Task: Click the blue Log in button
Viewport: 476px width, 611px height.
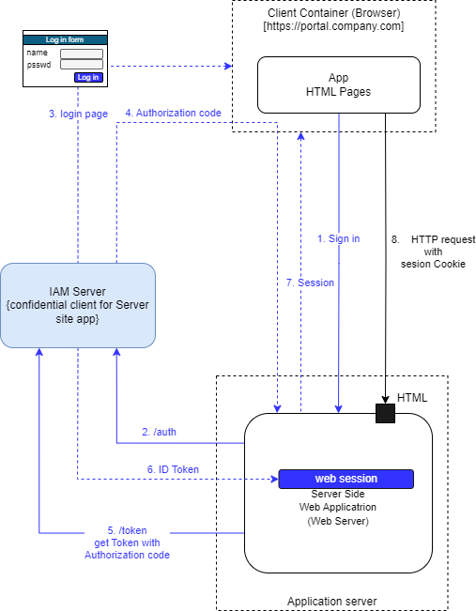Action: tap(87, 77)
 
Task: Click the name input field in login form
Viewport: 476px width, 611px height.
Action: tap(81, 53)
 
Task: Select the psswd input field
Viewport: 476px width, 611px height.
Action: tap(81, 65)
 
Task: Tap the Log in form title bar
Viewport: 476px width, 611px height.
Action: tap(64, 39)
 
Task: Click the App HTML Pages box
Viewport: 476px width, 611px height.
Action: tap(339, 84)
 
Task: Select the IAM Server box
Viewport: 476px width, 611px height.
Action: tap(78, 305)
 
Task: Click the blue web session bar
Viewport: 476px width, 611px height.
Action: tap(345, 479)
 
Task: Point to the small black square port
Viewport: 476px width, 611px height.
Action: tap(385, 413)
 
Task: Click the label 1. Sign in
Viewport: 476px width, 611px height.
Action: tap(338, 238)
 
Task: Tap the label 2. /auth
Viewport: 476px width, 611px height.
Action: tap(159, 432)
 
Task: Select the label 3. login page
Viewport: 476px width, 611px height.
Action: tap(78, 114)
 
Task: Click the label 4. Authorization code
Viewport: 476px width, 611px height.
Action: tap(173, 113)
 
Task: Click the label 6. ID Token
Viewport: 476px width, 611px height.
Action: tap(172, 469)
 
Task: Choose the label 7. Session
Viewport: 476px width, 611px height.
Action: tap(310, 282)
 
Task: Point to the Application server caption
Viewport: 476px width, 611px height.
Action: tap(331, 601)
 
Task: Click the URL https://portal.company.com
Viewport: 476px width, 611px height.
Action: tap(333, 26)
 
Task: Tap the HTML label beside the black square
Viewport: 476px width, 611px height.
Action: tap(412, 398)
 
